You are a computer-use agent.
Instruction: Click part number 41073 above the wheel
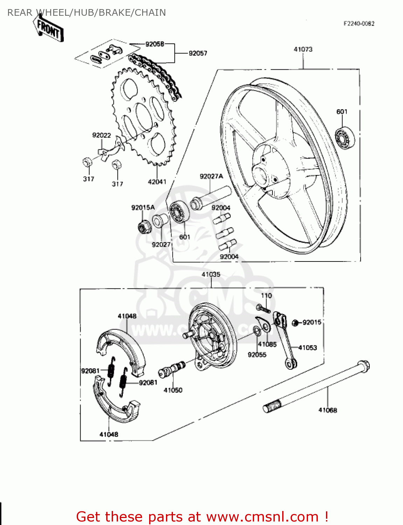pyautogui.click(x=303, y=49)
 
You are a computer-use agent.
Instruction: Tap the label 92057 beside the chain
pyautogui.click(x=198, y=53)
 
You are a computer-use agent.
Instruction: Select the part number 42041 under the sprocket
pyautogui.click(x=157, y=182)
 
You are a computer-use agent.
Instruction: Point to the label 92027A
pyautogui.click(x=211, y=176)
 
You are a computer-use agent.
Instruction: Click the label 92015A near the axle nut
pyautogui.click(x=143, y=208)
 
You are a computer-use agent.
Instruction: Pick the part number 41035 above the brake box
pyautogui.click(x=211, y=274)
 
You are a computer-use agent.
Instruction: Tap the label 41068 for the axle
pyautogui.click(x=327, y=410)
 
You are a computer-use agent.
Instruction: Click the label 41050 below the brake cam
pyautogui.click(x=173, y=390)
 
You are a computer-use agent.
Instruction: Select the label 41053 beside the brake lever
pyautogui.click(x=307, y=348)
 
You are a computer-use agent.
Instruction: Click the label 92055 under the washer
pyautogui.click(x=257, y=355)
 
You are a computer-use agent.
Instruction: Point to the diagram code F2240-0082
pyautogui.click(x=359, y=23)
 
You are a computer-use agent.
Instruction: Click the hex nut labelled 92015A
pyautogui.click(x=143, y=228)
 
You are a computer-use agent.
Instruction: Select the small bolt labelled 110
pyautogui.click(x=263, y=309)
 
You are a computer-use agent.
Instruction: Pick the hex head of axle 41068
pyautogui.click(x=364, y=366)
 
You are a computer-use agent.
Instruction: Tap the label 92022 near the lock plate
pyautogui.click(x=102, y=135)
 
